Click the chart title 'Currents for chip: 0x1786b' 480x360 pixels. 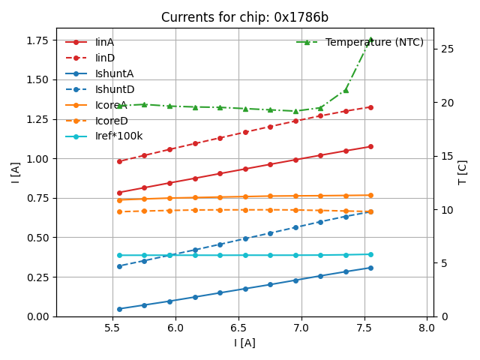(x=244, y=17)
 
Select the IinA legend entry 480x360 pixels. (x=104, y=42)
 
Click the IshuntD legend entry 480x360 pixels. (x=109, y=89)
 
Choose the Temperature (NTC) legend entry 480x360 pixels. (x=374, y=42)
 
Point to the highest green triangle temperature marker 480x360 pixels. (x=370, y=40)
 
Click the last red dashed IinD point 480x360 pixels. (x=370, y=107)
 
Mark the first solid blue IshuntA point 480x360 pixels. (x=119, y=309)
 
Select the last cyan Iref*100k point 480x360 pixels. (x=370, y=254)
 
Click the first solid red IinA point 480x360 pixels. (x=119, y=193)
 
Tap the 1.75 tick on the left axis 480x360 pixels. (x=37, y=40)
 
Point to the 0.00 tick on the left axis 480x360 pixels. (x=37, y=316)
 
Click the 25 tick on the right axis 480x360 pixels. (x=445, y=49)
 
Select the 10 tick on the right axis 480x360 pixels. (x=445, y=210)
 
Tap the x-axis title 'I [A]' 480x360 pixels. (x=244, y=343)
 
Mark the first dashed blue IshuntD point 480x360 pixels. (x=119, y=266)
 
